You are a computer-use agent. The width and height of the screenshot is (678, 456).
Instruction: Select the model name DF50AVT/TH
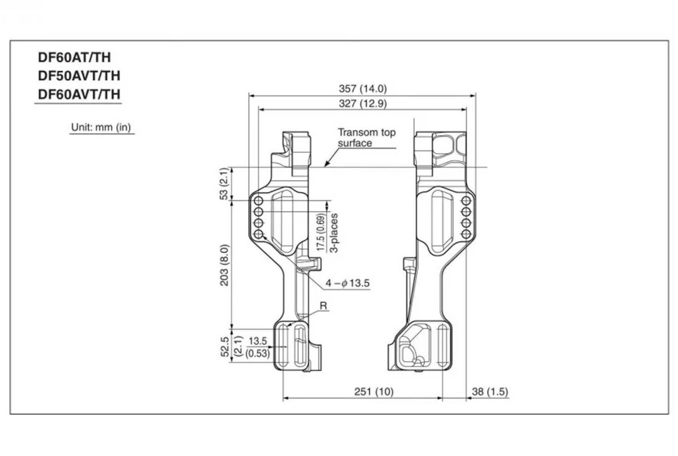[x=79, y=76]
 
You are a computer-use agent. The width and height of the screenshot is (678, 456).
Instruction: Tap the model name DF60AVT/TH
[x=79, y=94]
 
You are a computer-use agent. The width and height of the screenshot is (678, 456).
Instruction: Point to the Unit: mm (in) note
[x=101, y=128]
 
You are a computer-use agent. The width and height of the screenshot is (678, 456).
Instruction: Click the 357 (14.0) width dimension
[x=362, y=89]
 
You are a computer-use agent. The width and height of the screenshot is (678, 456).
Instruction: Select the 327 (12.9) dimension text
[x=362, y=104]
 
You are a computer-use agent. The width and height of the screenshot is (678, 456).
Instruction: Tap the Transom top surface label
[x=367, y=138]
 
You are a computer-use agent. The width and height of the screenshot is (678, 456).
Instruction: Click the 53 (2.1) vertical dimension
[x=224, y=183]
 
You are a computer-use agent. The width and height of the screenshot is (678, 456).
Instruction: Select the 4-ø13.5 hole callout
[x=347, y=283]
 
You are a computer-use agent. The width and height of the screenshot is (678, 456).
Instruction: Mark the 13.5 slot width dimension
[x=257, y=341]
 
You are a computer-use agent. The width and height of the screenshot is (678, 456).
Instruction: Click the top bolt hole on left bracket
[x=259, y=200]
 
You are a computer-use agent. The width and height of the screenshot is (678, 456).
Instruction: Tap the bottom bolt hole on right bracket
[x=467, y=234]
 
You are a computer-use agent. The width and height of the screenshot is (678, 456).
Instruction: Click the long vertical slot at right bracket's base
[x=444, y=345]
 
